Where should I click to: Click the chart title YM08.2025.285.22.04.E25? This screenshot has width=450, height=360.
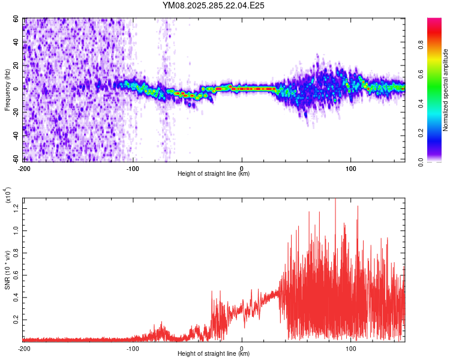pyautogui.click(x=214, y=5)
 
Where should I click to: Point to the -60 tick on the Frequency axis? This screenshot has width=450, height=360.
pyautogui.click(x=16, y=159)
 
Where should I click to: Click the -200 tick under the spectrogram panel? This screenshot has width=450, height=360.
pyautogui.click(x=25, y=168)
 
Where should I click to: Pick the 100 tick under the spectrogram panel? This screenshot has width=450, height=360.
pyautogui.click(x=351, y=168)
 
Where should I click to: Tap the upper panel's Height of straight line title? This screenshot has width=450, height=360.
pyautogui.click(x=214, y=174)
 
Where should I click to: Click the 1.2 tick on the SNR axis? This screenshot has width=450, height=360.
pyautogui.click(x=16, y=207)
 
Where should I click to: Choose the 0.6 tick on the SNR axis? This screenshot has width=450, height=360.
pyautogui.click(x=16, y=275)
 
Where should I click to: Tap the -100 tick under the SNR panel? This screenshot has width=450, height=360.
pyautogui.click(x=133, y=348)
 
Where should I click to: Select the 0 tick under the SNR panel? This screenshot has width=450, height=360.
pyautogui.click(x=242, y=348)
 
